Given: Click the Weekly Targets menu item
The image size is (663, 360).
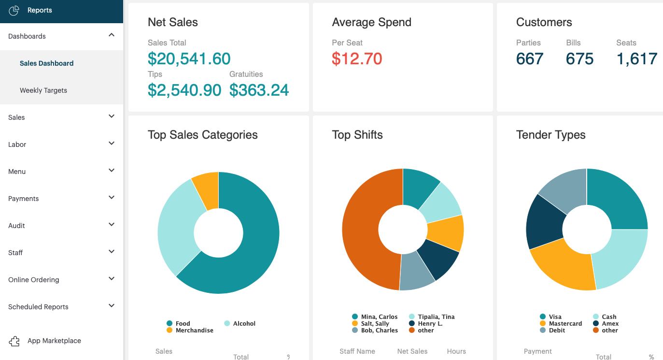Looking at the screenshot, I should point(43,90).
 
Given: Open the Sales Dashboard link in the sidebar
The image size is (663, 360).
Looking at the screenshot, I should point(46,63).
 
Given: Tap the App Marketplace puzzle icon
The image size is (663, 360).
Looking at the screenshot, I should point(14,341).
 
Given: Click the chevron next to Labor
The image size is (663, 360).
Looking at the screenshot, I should point(112,144).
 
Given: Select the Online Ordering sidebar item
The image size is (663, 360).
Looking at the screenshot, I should point(34,280).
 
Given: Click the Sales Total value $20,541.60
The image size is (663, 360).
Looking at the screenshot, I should point(189,58).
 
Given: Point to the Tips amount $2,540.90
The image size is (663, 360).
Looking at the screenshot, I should point(184,90).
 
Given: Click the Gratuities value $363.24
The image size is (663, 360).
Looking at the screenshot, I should point(259,90).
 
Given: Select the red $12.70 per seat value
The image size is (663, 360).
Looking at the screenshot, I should point(357,58).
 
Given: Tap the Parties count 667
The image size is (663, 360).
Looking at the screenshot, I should point(530,58).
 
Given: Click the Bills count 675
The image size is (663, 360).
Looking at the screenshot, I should point(579,58).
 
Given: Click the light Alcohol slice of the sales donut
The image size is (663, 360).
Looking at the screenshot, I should point(177,227).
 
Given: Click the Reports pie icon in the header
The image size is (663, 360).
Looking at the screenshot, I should point(14,10).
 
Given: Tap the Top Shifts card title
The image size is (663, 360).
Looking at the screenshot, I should point(357,135).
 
